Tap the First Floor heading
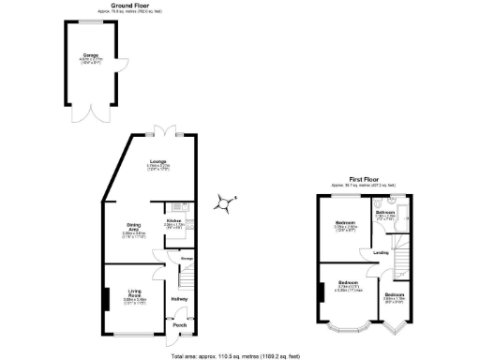368,177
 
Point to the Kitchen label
174,222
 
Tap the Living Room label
133,294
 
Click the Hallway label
179,300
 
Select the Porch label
179,325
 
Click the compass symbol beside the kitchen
225,201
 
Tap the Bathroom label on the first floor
385,214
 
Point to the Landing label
381,252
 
